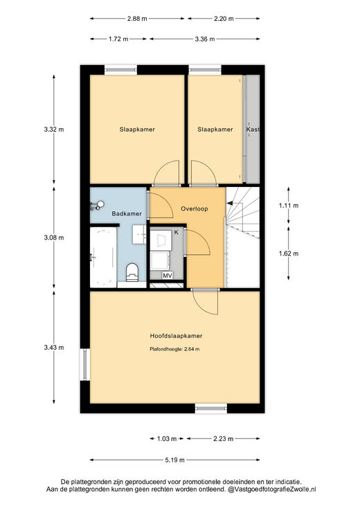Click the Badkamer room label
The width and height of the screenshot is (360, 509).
pyautogui.click(x=127, y=213)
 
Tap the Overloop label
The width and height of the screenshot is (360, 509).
pyautogui.click(x=194, y=208)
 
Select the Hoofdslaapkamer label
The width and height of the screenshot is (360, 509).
pyautogui.click(x=176, y=336)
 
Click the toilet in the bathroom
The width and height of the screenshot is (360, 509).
pyautogui.click(x=132, y=272)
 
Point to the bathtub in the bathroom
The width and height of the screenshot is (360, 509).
pyautogui.click(x=103, y=257)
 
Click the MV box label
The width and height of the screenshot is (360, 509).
pyautogui.click(x=168, y=276)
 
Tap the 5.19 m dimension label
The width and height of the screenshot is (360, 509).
pyautogui.click(x=175, y=460)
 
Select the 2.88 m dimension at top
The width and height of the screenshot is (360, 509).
pyautogui.click(x=137, y=19)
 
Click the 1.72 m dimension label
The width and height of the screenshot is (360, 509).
pyautogui.click(x=118, y=39)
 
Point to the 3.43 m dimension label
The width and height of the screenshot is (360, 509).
pyautogui.click(x=54, y=348)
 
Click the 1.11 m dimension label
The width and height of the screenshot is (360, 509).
pyautogui.click(x=289, y=206)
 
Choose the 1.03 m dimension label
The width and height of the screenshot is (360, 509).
pyautogui.click(x=167, y=439)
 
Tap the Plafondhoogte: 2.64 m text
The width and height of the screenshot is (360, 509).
pyautogui.click(x=174, y=349)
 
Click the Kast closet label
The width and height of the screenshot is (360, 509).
pyautogui.click(x=253, y=130)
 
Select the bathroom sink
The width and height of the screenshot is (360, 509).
pyautogui.click(x=139, y=234)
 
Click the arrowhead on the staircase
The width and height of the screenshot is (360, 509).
pyautogui.click(x=230, y=203)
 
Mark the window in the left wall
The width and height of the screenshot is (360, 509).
pyautogui.click(x=85, y=364)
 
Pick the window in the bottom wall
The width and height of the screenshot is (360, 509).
pyautogui.click(x=211, y=409)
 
